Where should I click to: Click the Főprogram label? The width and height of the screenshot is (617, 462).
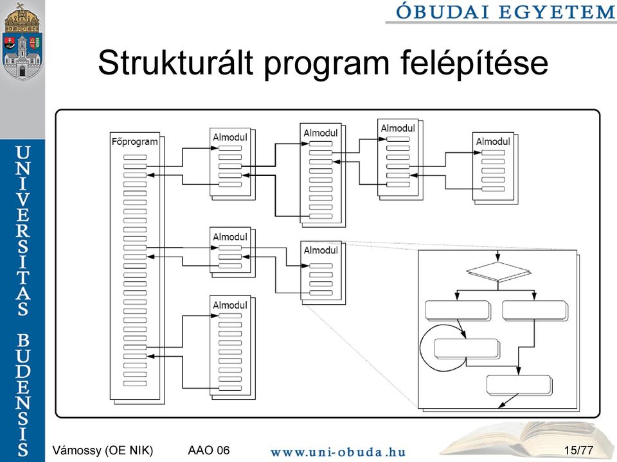click(x=134, y=141)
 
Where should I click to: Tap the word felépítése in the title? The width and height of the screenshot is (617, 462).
click(x=474, y=63)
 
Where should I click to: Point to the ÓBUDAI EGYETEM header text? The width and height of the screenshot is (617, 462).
click(x=505, y=12)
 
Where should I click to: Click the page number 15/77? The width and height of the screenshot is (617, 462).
click(x=578, y=450)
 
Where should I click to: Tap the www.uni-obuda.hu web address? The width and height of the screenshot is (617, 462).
click(x=338, y=452)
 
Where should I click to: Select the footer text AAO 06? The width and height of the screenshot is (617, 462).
click(x=208, y=450)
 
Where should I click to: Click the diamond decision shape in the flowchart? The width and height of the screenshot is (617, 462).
click(x=498, y=271)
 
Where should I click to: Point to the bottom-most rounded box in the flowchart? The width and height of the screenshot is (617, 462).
click(x=519, y=385)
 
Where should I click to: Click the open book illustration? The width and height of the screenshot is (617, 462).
click(x=527, y=441)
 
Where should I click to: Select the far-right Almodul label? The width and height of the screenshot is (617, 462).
click(x=493, y=141)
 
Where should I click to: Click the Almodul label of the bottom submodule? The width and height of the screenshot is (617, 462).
click(x=230, y=305)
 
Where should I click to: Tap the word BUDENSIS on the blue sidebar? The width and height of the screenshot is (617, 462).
click(x=23, y=395)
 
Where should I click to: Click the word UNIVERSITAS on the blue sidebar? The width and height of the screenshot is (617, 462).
click(x=23, y=231)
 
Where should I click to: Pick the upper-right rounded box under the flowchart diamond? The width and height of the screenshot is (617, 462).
click(x=535, y=311)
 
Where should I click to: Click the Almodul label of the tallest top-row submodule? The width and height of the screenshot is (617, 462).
click(x=320, y=133)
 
